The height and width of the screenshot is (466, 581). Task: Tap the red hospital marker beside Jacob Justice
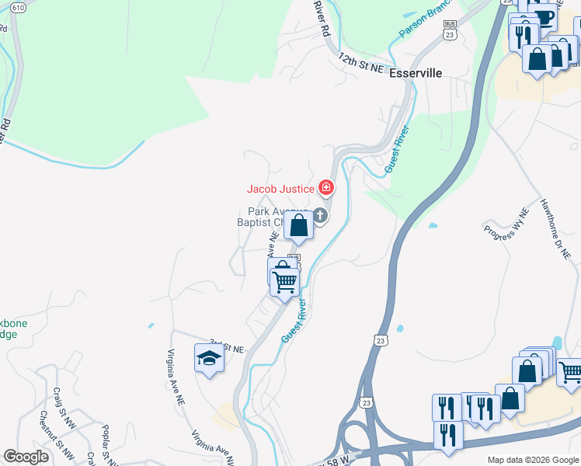tap(326, 188)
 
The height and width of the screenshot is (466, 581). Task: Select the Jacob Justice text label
tap(280, 189)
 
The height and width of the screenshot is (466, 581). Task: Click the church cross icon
tap(319, 215)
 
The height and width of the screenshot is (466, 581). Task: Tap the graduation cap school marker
tap(209, 359)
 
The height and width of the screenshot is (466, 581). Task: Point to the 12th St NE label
tap(361, 64)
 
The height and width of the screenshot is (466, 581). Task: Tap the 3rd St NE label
tap(227, 346)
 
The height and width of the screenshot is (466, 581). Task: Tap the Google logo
tap(26, 457)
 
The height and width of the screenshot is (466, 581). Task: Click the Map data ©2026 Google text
tap(532, 460)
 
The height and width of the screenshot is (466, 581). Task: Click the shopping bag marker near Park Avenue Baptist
tap(299, 226)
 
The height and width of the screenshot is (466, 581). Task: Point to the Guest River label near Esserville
tap(395, 144)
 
